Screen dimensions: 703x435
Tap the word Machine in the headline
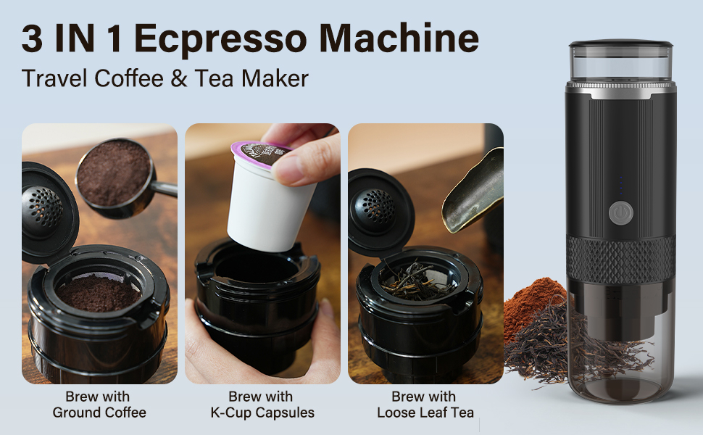point(399,38)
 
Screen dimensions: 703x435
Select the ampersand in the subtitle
point(179,78)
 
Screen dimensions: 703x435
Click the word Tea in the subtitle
point(214,78)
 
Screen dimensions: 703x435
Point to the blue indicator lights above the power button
point(621,185)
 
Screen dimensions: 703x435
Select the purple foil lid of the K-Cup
point(260,152)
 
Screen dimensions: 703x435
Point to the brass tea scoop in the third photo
point(473,191)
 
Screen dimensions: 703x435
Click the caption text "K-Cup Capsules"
point(262,413)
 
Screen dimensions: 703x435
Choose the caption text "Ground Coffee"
point(99,413)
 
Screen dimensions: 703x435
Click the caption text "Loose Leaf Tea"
point(425,413)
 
